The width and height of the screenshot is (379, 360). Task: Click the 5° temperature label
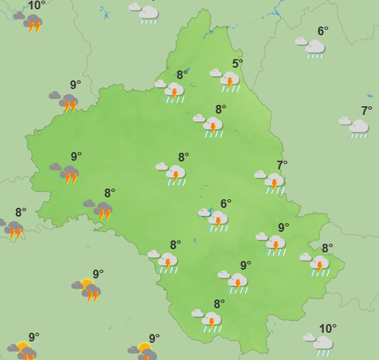[237, 64]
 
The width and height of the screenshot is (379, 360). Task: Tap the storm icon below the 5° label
[228, 81]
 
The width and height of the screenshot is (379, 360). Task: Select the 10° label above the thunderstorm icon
[37, 6]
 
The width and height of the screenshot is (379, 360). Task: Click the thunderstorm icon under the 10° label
[31, 24]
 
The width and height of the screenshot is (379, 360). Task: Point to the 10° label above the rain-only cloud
[328, 328]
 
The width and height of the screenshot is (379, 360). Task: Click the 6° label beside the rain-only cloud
[322, 31]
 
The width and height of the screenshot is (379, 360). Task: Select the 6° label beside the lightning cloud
[225, 204]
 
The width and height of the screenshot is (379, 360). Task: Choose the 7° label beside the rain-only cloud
[367, 111]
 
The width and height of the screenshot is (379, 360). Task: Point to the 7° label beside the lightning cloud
[282, 165]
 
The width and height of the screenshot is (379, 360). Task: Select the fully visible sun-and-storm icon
[89, 291]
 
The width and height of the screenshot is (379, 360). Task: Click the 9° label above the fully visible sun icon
[98, 274]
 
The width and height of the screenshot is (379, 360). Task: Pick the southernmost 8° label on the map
[219, 303]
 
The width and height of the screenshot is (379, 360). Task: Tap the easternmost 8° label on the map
[327, 249]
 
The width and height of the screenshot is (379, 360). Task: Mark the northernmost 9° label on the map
[75, 85]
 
